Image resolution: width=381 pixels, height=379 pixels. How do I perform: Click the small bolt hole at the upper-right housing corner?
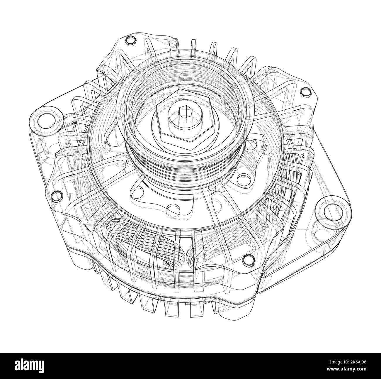point(306,92)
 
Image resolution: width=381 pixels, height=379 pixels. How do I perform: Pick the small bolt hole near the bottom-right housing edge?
point(248,259)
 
